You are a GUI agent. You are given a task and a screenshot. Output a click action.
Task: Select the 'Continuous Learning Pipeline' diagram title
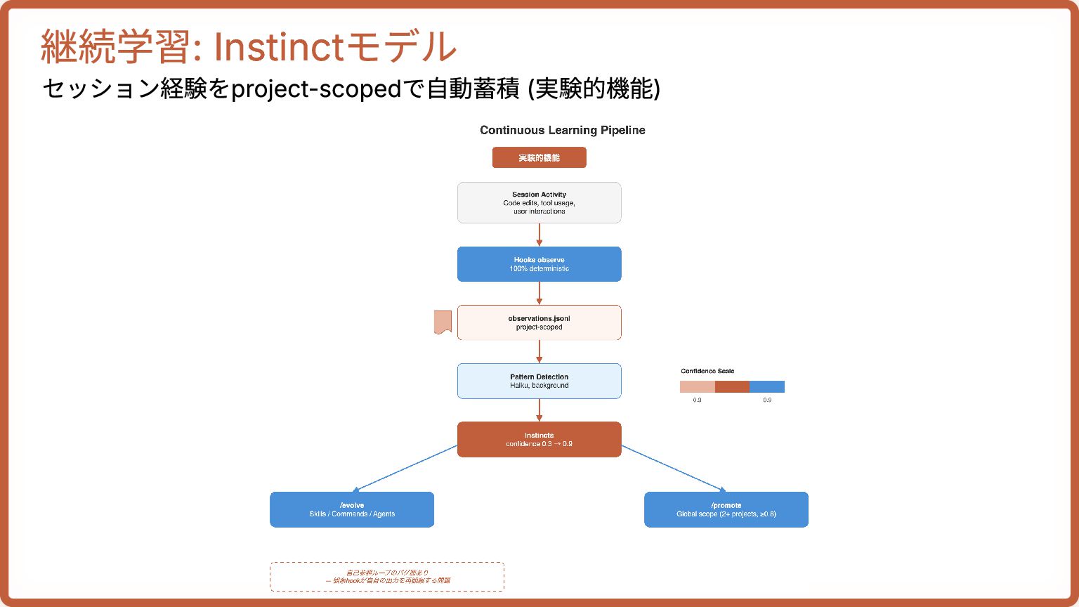point(562,130)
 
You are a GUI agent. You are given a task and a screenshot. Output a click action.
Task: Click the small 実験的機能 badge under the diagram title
point(539,157)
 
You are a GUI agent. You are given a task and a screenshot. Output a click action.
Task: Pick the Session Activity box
point(539,202)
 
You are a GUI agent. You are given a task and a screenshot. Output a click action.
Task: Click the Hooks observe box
point(539,264)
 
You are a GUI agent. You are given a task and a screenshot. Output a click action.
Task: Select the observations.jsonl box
point(539,322)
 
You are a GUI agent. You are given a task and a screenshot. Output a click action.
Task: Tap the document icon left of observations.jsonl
point(443,322)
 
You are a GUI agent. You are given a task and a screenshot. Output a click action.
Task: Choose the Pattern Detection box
point(539,381)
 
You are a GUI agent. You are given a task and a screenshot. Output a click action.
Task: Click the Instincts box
point(539,439)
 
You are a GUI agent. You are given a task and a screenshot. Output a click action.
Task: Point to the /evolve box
point(352,509)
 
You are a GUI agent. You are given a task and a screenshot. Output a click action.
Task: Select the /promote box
point(726,509)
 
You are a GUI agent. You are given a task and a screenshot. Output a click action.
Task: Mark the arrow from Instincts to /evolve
point(406,469)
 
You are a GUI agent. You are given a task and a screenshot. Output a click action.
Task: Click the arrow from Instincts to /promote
point(673,468)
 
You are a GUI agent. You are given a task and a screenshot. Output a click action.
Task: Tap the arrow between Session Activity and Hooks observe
point(539,235)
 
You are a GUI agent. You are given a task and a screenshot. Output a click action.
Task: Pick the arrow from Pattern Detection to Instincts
point(539,410)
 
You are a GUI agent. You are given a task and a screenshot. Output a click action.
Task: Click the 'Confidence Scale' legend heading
point(707,371)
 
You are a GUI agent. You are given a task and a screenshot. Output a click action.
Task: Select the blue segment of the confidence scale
point(766,386)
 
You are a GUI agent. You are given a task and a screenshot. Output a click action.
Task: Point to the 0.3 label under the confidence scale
point(697,400)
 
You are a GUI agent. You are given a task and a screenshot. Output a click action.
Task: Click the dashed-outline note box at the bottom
point(387,577)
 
